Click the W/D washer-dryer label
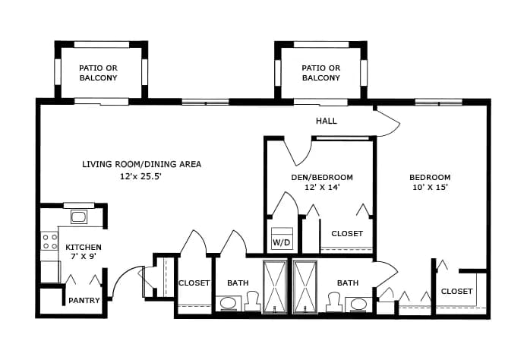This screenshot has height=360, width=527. point(281,242)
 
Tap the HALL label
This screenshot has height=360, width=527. point(327,121)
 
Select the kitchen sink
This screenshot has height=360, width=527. point(79,216)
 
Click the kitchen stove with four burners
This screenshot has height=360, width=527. point(50,242)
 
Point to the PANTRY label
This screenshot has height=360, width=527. point(84,300)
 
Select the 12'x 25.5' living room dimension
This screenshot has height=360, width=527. point(141,176)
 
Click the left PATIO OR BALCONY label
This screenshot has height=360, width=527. point(98,73)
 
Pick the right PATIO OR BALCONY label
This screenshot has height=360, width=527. point(321,73)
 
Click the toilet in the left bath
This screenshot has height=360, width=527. point(252,302)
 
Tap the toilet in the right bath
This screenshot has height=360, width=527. point(334,302)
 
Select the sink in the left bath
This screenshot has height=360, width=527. point(229,304)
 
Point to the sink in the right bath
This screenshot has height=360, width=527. point(358,304)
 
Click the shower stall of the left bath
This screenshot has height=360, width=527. point(275,286)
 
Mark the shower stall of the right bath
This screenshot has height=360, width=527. point(305,286)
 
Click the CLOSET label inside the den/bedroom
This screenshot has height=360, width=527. point(347,234)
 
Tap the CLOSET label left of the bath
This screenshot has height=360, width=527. point(194,283)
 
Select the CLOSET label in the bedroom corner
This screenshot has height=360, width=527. point(456,291)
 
